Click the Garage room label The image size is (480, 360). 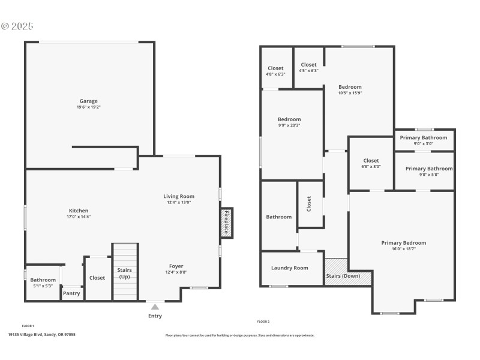[x=88, y=101]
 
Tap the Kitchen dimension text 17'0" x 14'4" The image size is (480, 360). [x=79, y=217]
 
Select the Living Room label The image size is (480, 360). [x=179, y=196]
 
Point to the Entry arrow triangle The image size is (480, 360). [x=155, y=307]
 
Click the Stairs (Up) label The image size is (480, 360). [x=125, y=274]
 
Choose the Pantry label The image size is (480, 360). [x=71, y=293]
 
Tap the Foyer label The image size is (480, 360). [x=176, y=266]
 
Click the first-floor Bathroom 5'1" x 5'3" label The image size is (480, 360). [x=43, y=280]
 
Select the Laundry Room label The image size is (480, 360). [x=289, y=268]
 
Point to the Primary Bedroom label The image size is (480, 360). [x=403, y=242]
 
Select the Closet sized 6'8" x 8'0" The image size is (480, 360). [x=371, y=163]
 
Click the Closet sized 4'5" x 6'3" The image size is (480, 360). [x=308, y=67]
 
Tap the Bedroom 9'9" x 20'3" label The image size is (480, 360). [x=289, y=122]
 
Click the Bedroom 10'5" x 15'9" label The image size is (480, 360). [x=350, y=89]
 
